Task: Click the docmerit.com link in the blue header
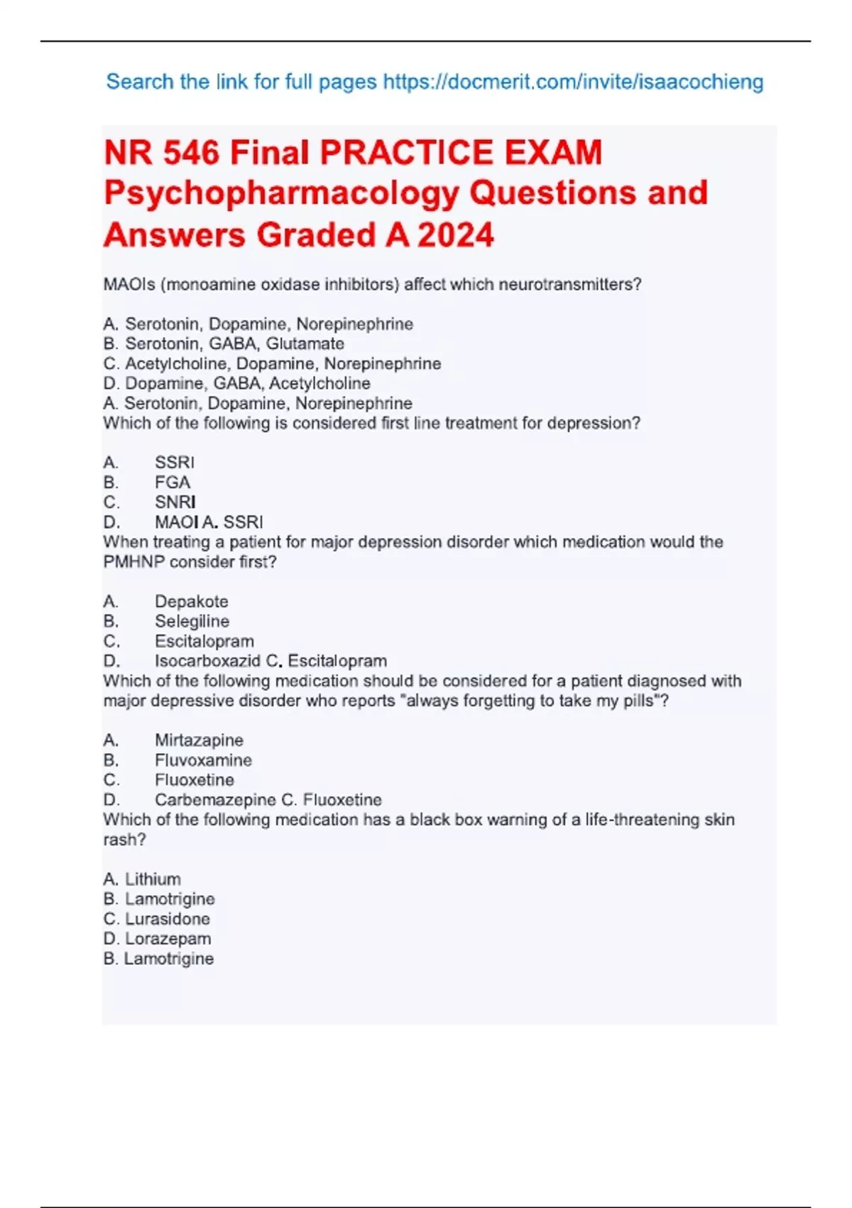click(573, 82)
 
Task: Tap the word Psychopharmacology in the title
click(281, 193)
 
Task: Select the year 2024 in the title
click(455, 235)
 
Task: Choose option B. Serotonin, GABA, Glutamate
click(224, 344)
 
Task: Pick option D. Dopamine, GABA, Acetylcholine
click(236, 384)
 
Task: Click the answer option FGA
click(173, 482)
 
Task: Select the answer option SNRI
click(175, 502)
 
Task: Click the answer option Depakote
click(191, 601)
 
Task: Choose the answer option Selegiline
click(192, 621)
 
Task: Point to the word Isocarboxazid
click(207, 661)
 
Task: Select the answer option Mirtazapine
click(199, 740)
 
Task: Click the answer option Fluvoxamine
click(203, 760)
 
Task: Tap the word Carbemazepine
click(214, 800)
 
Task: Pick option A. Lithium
click(142, 879)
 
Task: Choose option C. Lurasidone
click(156, 919)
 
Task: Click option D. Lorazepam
click(157, 939)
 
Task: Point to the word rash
click(124, 840)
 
